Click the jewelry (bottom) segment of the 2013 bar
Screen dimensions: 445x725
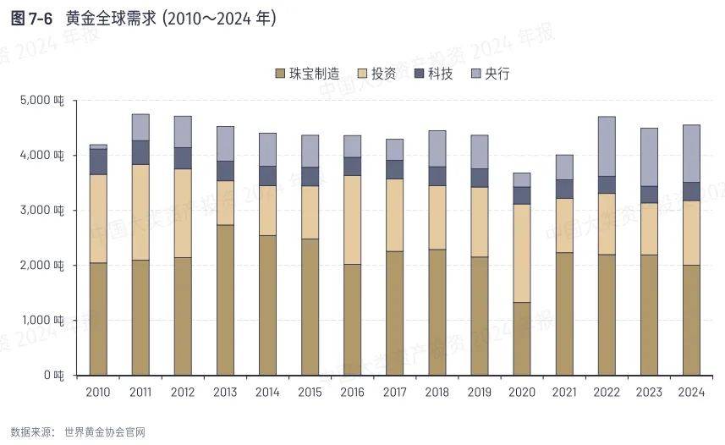pos(225,299)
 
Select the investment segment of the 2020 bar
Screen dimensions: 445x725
pos(522,253)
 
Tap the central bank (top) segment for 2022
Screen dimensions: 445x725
pos(607,146)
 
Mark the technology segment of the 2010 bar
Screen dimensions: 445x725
pos(98,162)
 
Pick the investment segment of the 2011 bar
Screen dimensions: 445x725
pos(140,212)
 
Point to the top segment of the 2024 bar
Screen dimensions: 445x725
pos(691,153)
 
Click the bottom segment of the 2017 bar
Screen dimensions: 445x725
pos(395,313)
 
